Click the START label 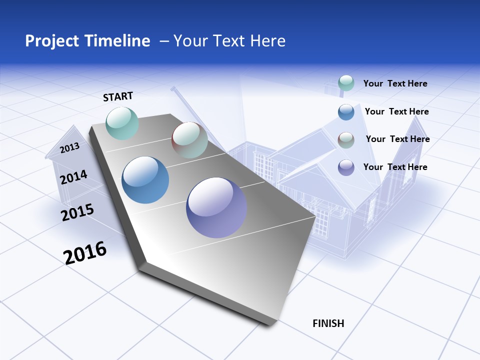pyautogui.click(x=118, y=96)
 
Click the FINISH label pyautogui.click(x=328, y=323)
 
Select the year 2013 pyautogui.click(x=69, y=148)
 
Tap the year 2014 pyautogui.click(x=73, y=177)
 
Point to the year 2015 pyautogui.click(x=77, y=212)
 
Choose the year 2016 pyautogui.click(x=85, y=253)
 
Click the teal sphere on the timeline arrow pyautogui.click(x=122, y=123)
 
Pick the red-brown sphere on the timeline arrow pyautogui.click(x=189, y=140)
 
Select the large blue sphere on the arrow pyautogui.click(x=145, y=180)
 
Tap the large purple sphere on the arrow pyautogui.click(x=216, y=207)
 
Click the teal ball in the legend pyautogui.click(x=346, y=83)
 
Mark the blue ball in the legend pyautogui.click(x=346, y=111)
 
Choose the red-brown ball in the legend pyautogui.click(x=346, y=139)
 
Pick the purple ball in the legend pyautogui.click(x=346, y=167)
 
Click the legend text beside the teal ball pyautogui.click(x=395, y=83)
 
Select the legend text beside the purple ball pyautogui.click(x=395, y=167)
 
